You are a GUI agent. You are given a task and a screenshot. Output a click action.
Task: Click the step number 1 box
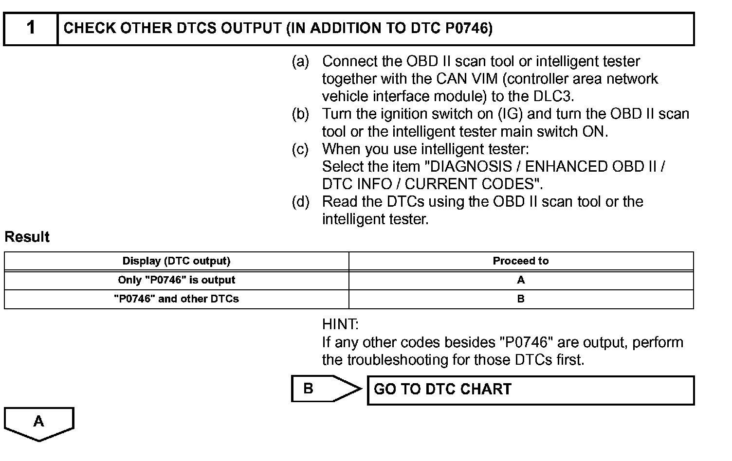point(31,28)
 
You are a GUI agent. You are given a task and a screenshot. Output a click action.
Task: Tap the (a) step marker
point(300,61)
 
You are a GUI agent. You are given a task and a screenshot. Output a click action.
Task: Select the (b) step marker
point(300,114)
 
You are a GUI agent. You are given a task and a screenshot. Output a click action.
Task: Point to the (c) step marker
point(300,149)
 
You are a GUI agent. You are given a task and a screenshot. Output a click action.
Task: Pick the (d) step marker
point(300,201)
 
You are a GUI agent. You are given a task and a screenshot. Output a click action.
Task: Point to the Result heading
point(27,237)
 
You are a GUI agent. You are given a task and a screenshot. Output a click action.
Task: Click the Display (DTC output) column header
point(176,261)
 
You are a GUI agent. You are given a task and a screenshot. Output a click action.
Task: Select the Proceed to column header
point(521,261)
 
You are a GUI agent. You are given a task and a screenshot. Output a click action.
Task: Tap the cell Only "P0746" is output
point(176,280)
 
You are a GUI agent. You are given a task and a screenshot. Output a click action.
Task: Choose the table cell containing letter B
point(521,299)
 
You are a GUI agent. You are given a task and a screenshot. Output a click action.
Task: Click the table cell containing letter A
point(521,280)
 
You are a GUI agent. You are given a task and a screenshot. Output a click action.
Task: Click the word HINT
point(340,324)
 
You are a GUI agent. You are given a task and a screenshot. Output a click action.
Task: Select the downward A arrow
point(39,423)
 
